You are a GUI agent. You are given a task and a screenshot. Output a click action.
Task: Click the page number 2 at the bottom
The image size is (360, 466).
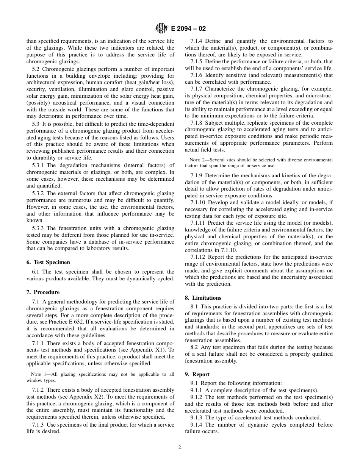tap(180, 447)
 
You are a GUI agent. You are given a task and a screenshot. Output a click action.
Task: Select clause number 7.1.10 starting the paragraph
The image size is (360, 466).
tap(198, 203)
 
